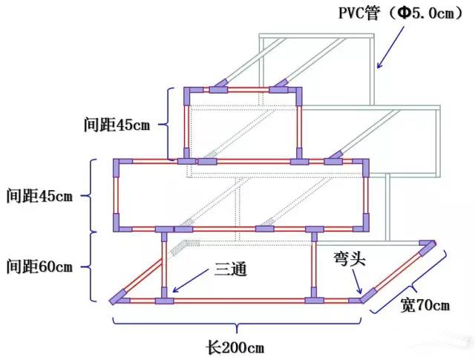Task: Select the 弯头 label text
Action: pyautogui.click(x=347, y=261)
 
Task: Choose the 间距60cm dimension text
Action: pyautogui.click(x=39, y=265)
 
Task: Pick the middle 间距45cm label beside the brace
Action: pyautogui.click(x=39, y=197)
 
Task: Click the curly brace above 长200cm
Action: pyautogui.click(x=236, y=324)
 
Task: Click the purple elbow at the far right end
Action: pyautogui.click(x=428, y=246)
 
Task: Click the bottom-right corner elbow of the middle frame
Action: pyautogui.click(x=364, y=223)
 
